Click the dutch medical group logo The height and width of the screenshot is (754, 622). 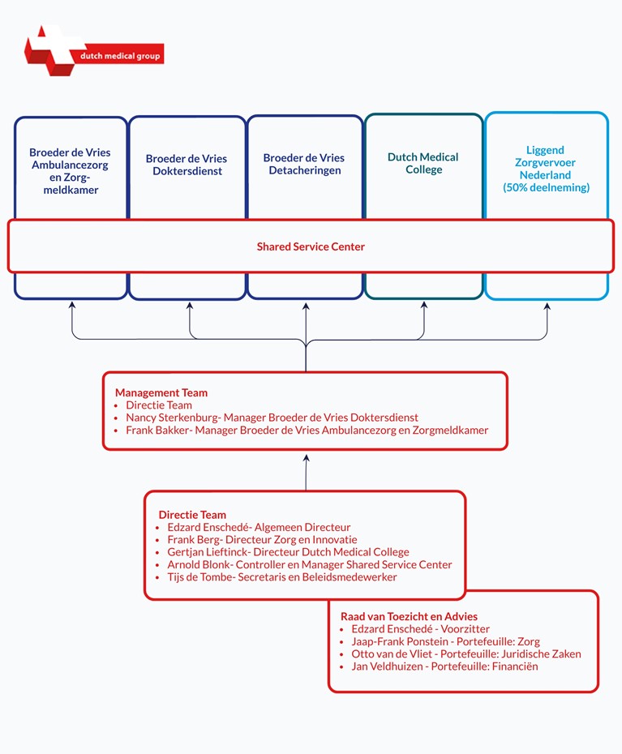[94, 51]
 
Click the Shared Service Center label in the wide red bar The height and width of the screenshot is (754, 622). [311, 246]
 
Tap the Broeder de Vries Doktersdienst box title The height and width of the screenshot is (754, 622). [187, 165]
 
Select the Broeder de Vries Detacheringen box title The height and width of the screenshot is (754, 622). [304, 164]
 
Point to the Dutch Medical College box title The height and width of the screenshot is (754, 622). [423, 163]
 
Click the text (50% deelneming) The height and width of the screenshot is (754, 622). [546, 187]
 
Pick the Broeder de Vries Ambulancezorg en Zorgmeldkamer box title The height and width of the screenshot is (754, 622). [71, 171]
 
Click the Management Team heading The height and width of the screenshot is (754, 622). [161, 392]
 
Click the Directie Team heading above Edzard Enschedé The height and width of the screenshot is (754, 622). [192, 515]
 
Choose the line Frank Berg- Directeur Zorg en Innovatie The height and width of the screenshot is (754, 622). [262, 539]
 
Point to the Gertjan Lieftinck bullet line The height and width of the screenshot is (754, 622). [288, 552]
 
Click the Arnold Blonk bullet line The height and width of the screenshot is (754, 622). [309, 564]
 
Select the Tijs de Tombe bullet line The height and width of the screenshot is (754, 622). [282, 577]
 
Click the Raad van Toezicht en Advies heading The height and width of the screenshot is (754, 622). [409, 616]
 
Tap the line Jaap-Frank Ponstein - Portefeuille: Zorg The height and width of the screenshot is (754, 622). [445, 641]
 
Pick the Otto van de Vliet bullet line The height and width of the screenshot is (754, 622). [466, 654]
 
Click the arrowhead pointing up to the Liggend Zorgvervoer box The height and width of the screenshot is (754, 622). [547, 306]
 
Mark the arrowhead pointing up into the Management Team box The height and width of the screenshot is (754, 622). [306, 458]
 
